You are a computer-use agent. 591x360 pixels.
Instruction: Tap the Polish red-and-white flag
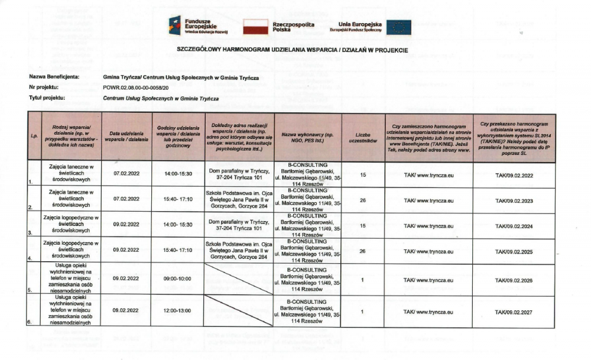pyautogui.click(x=256, y=26)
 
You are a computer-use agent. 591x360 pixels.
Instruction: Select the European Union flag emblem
pyautogui.click(x=399, y=26)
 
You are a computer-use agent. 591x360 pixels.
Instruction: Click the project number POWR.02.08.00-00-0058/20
pyautogui.click(x=139, y=87)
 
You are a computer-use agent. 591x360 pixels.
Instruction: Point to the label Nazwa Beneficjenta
pyautogui.click(x=54, y=77)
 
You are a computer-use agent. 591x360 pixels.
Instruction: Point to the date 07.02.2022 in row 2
pyautogui.click(x=126, y=200)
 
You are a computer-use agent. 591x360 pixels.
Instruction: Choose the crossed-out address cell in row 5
pyautogui.click(x=239, y=278)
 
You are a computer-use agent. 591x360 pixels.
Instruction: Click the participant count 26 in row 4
pyautogui.click(x=362, y=251)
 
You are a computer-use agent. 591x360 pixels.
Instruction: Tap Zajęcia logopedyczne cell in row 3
pyautogui.click(x=73, y=226)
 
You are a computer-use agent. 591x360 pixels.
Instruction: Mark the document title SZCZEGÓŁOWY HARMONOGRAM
pyautogui.click(x=293, y=50)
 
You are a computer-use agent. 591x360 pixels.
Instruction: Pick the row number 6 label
pyautogui.click(x=30, y=322)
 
